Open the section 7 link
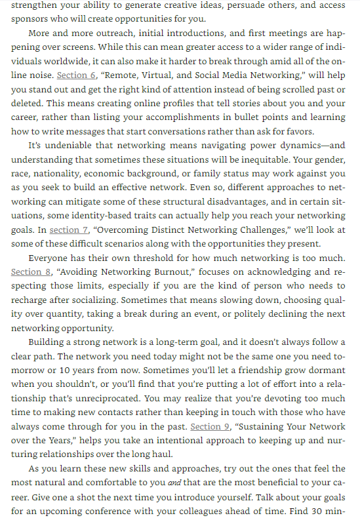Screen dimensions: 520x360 click(x=69, y=230)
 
